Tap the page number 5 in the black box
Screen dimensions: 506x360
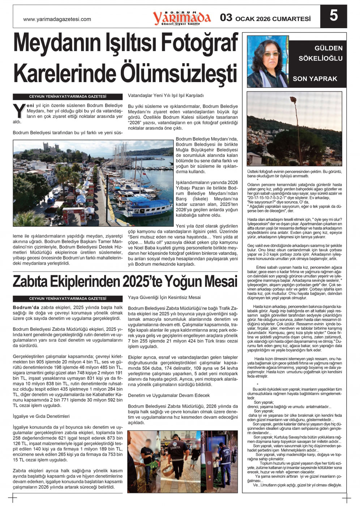pos(334,16)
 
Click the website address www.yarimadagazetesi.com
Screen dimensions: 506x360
pos(57,20)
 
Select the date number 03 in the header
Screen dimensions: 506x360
pos(226,18)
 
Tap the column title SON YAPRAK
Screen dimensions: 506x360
pos(315,79)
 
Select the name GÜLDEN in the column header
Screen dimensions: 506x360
pos(329,48)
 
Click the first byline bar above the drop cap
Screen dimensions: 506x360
pos(68,97)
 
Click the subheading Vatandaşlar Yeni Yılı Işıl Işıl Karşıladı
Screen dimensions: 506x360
pos(166,96)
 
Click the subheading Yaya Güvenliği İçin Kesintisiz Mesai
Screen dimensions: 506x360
pos(164,298)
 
